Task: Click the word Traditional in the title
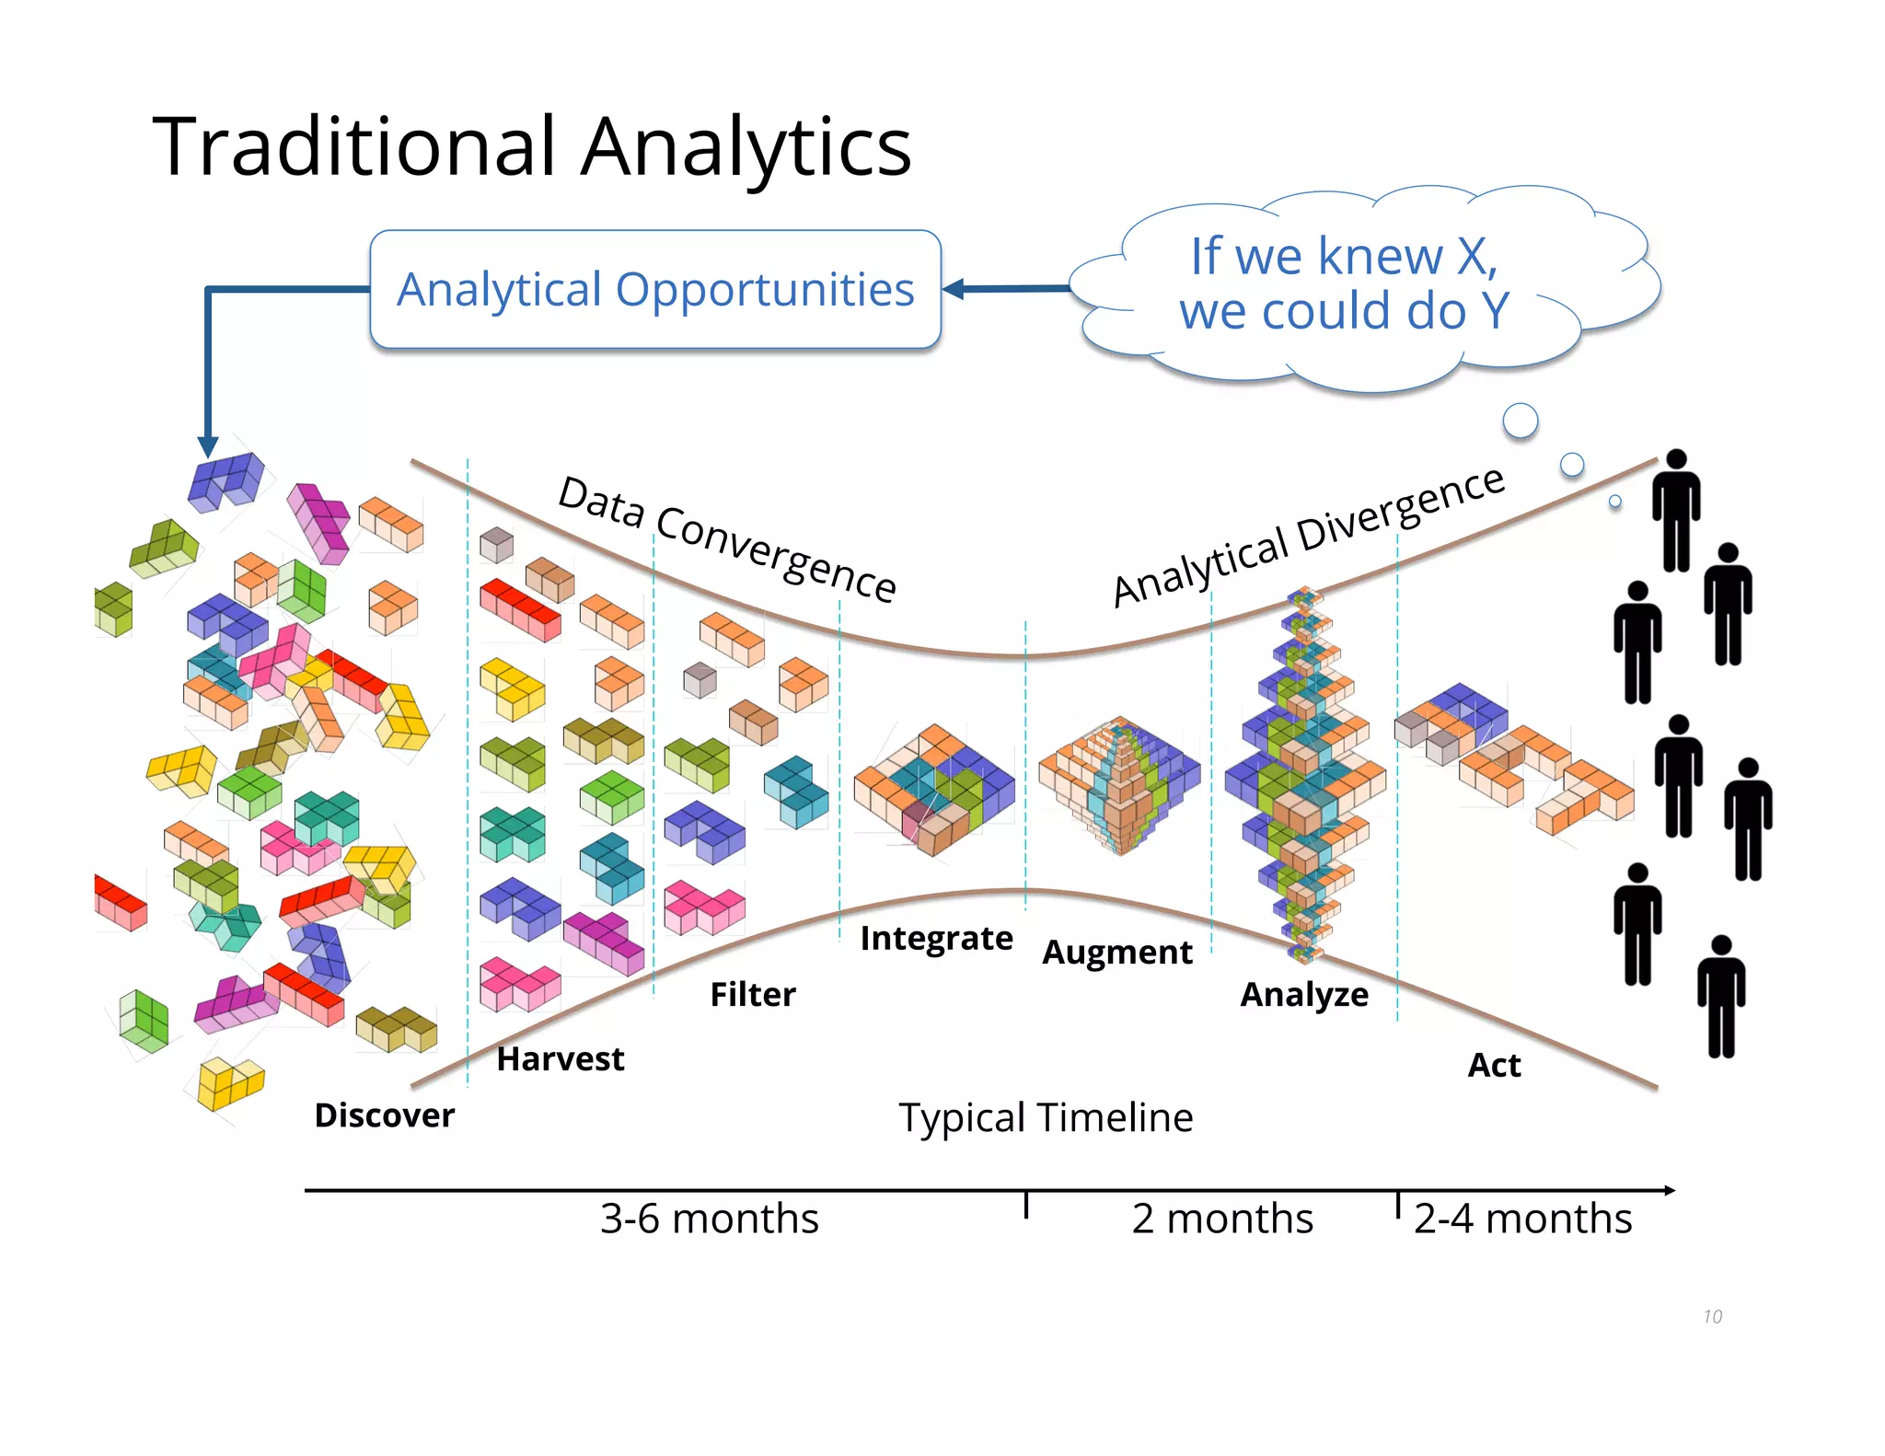[x=354, y=147]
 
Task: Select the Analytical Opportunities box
[x=655, y=290]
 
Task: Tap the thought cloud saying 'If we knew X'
[x=1344, y=283]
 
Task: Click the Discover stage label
[x=384, y=1115]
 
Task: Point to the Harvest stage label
[x=560, y=1059]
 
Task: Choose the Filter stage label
[x=752, y=995]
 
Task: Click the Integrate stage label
[x=936, y=938]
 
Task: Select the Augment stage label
[x=1116, y=953]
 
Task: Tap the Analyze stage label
[x=1303, y=995]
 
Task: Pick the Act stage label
[x=1493, y=1066]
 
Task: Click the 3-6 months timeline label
[x=709, y=1219]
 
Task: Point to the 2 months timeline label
[x=1221, y=1219]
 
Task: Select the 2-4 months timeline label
[x=1522, y=1219]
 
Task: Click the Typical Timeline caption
[x=1046, y=1118]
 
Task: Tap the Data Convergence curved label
[x=727, y=538]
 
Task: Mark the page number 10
[x=1712, y=1317]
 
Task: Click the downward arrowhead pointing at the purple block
[x=208, y=446]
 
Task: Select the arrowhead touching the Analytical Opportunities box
[x=954, y=289]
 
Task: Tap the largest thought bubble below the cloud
[x=1520, y=421]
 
